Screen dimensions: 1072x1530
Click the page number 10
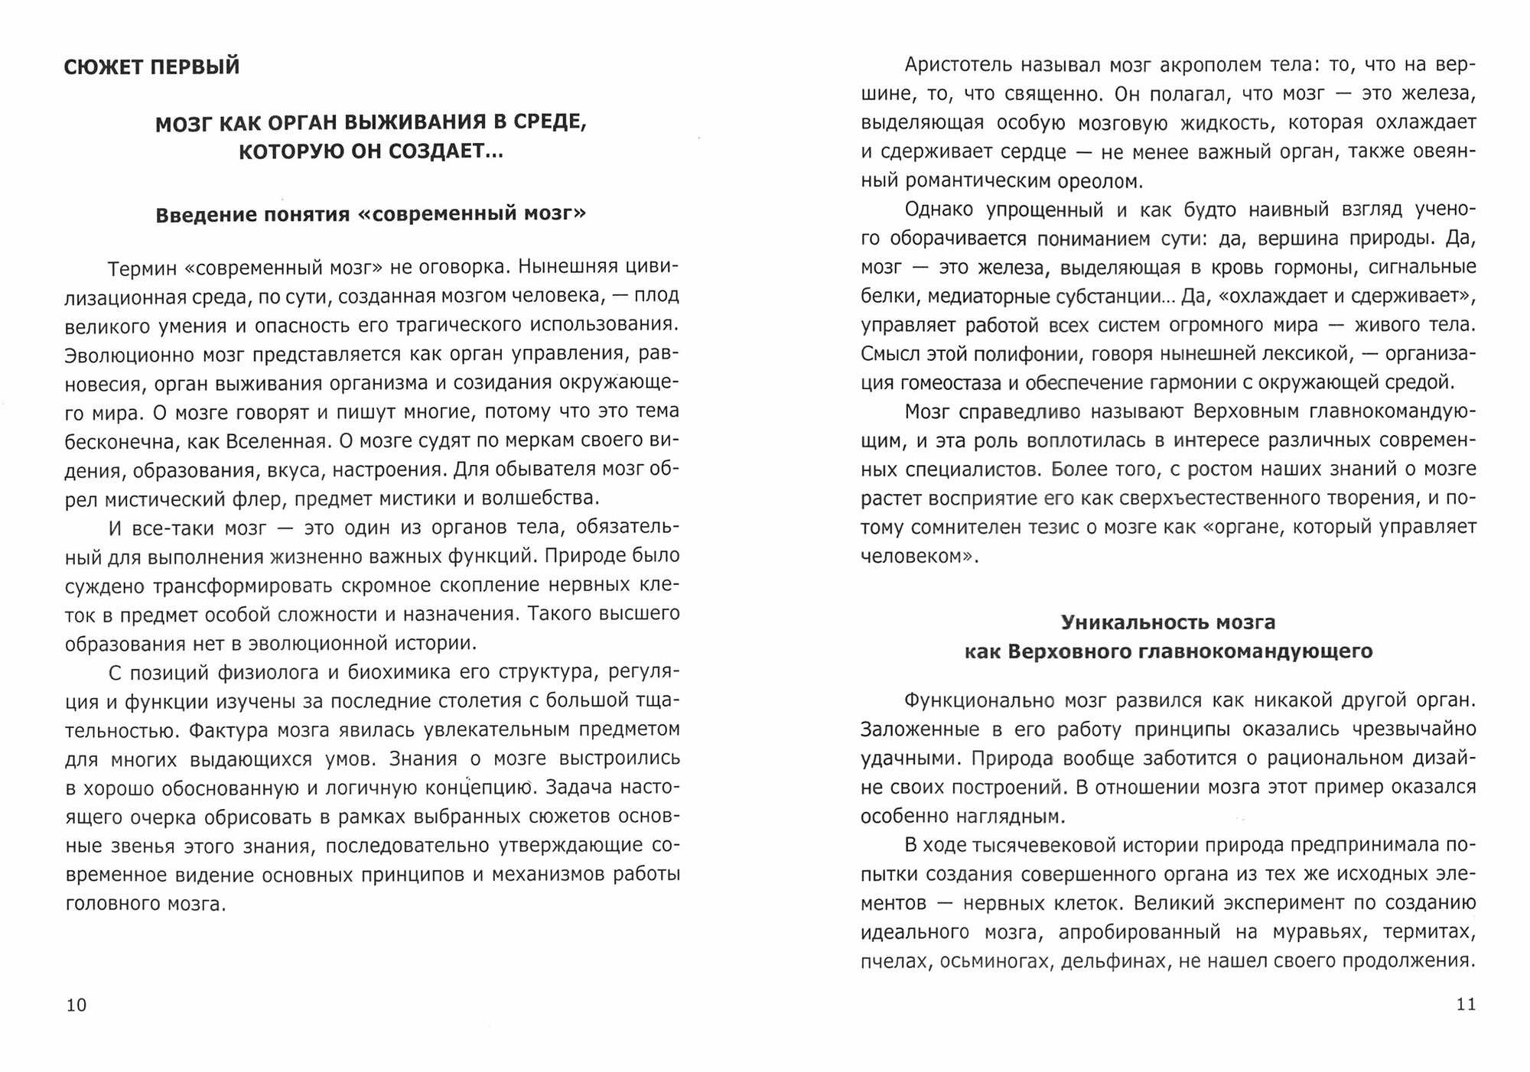[x=76, y=1005]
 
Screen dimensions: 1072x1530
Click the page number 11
[x=1465, y=1004]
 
